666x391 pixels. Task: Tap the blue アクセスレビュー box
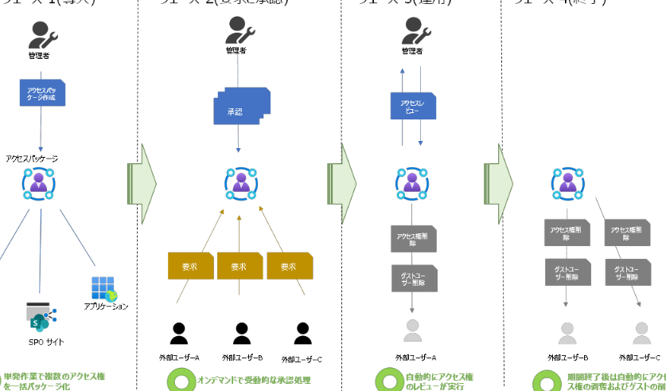click(x=411, y=107)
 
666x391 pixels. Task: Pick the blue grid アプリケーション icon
click(x=103, y=287)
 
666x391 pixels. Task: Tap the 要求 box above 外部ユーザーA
click(x=189, y=265)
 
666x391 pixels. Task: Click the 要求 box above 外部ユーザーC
click(x=287, y=265)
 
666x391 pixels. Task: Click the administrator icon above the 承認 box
click(x=239, y=30)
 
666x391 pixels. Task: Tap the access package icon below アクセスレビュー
click(x=411, y=184)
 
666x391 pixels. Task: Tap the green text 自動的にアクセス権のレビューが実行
click(x=446, y=380)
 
